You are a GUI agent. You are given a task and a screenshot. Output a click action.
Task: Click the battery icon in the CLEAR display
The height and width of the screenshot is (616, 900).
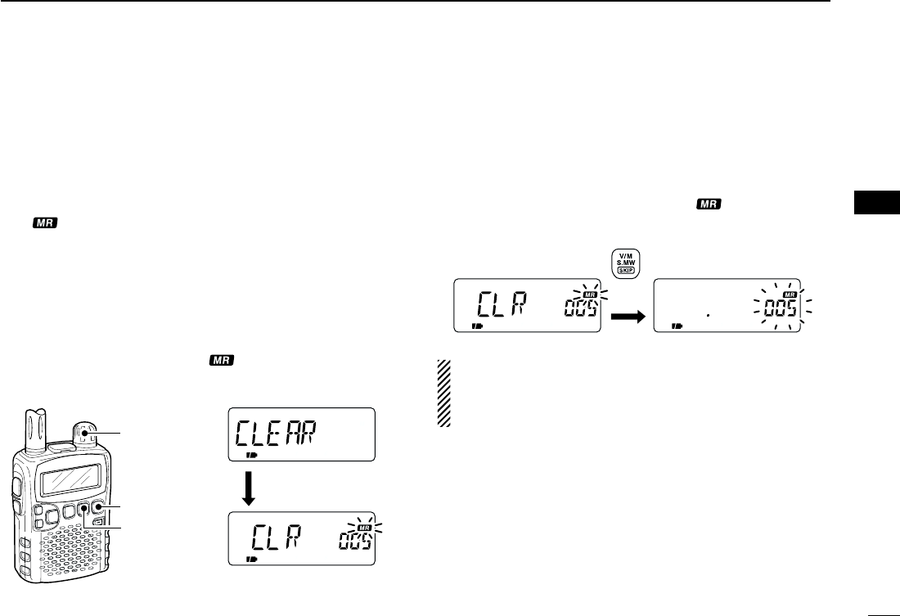(250, 452)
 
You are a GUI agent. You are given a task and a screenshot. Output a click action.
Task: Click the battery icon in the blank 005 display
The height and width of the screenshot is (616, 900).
(677, 325)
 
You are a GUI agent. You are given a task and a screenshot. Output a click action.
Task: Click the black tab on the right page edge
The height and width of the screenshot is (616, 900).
(875, 201)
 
